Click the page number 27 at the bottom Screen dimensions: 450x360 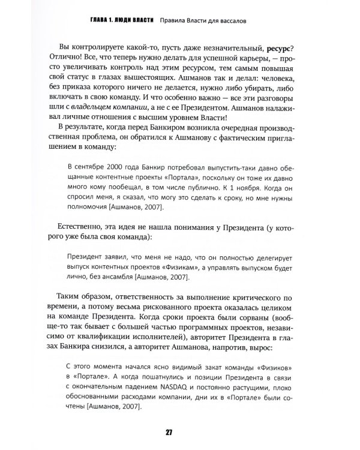tap(180, 434)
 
